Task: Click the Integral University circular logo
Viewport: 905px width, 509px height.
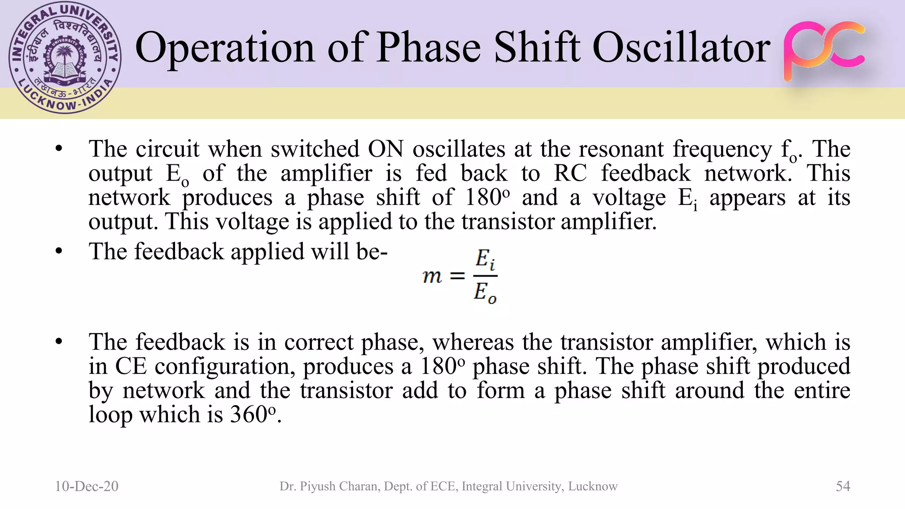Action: pyautogui.click(x=65, y=58)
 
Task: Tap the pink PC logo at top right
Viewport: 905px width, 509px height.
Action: pyautogui.click(x=824, y=50)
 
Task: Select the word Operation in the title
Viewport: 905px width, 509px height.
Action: pyautogui.click(x=224, y=48)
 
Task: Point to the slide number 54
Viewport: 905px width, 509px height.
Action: pyautogui.click(x=843, y=486)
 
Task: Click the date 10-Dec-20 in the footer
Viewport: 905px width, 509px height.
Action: pyautogui.click(x=87, y=486)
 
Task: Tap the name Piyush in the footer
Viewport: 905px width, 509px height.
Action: pyautogui.click(x=318, y=486)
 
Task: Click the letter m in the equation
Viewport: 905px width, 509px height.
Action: pyautogui.click(x=432, y=277)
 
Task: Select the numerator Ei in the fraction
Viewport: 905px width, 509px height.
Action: pyautogui.click(x=485, y=259)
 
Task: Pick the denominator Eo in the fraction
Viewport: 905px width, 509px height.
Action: pyautogui.click(x=485, y=292)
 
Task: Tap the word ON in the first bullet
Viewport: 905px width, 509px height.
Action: pyautogui.click(x=386, y=149)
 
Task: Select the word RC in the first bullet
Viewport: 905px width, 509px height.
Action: pyautogui.click(x=570, y=173)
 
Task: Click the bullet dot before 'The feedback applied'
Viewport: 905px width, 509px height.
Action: pyautogui.click(x=59, y=251)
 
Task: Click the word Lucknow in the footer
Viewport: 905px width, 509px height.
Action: pyautogui.click(x=593, y=486)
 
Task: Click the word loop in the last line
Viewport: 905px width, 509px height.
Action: pyautogui.click(x=110, y=414)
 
